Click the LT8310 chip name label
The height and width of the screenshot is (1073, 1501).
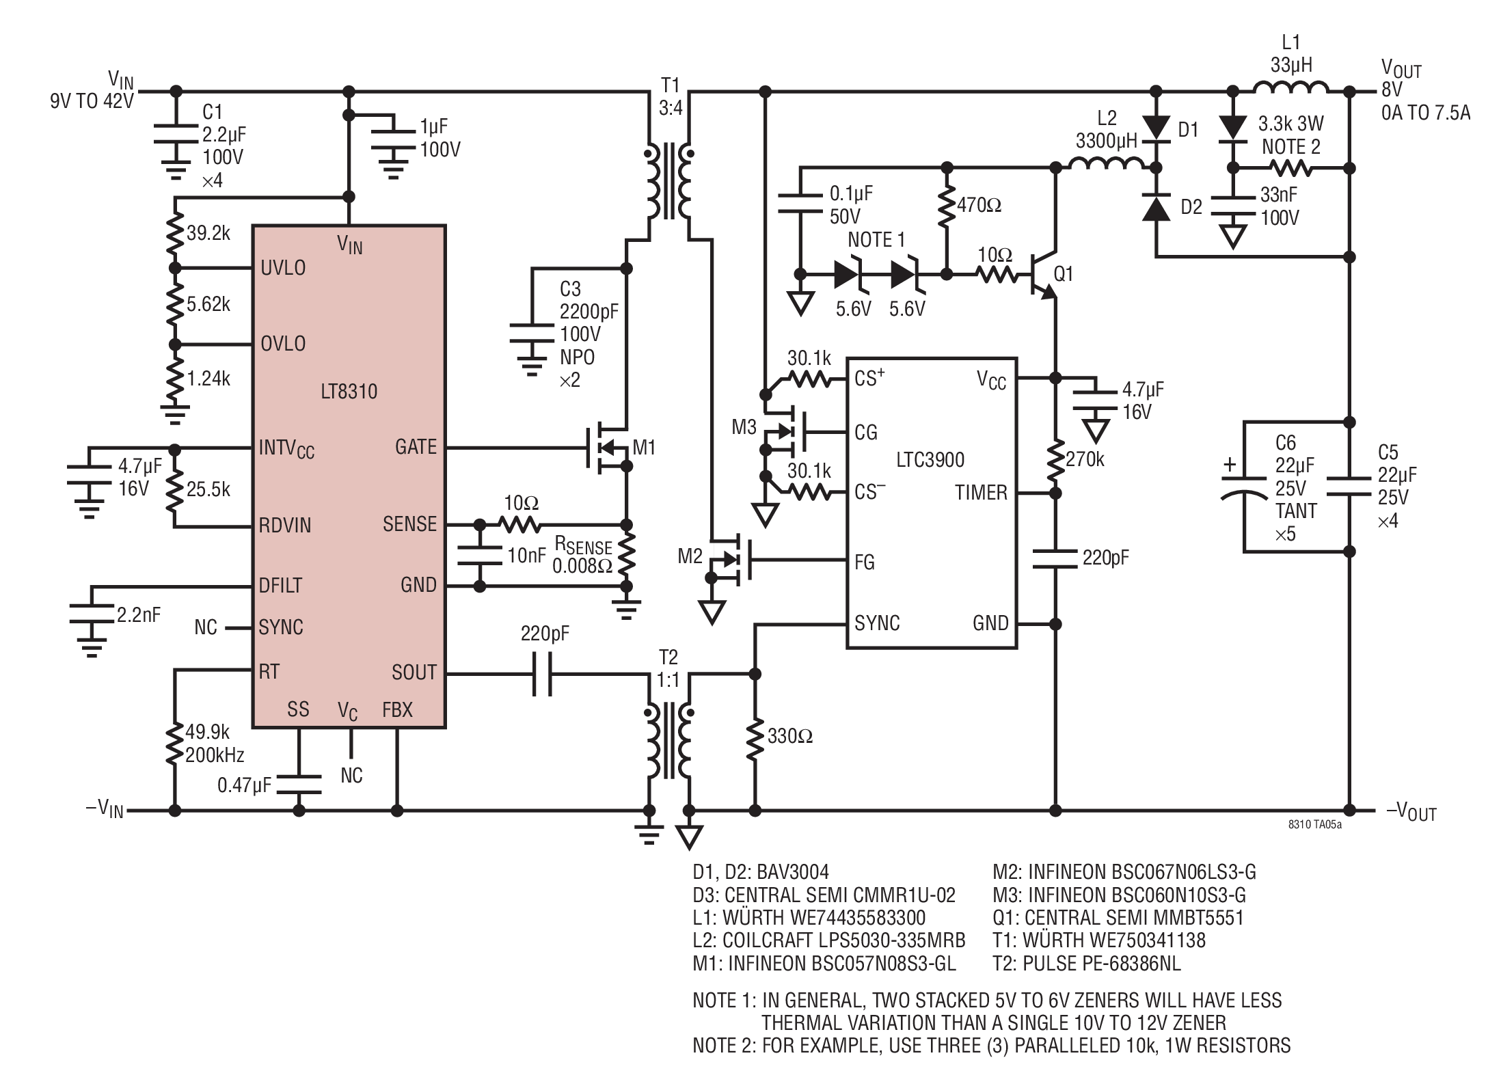coord(349,392)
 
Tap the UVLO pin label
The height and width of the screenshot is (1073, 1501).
coord(283,268)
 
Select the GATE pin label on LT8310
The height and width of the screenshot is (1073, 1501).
coord(416,447)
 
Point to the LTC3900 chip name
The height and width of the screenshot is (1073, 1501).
coord(930,459)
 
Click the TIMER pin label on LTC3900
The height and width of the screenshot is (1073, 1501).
coord(981,493)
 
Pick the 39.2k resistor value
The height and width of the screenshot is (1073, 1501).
coord(208,233)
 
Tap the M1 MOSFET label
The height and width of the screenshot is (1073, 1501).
coord(644,448)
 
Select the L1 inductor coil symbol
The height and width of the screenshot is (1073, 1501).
coord(1291,88)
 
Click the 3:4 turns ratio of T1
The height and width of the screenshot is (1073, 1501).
coord(671,108)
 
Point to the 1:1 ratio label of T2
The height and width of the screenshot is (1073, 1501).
coord(668,681)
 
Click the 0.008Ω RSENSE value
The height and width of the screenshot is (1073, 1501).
coord(582,567)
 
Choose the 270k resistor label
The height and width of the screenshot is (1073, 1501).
coord(1085,459)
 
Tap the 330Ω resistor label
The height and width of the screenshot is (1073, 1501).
coord(789,736)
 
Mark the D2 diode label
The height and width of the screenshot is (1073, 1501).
coord(1191,207)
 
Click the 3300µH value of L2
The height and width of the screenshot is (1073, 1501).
coord(1107,141)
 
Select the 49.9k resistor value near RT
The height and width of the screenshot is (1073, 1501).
coord(207,732)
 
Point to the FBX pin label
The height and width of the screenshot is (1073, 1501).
coord(397,710)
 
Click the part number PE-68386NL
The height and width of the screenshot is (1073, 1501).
coord(1102,963)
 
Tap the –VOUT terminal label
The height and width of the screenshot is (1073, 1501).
coord(1411,812)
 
